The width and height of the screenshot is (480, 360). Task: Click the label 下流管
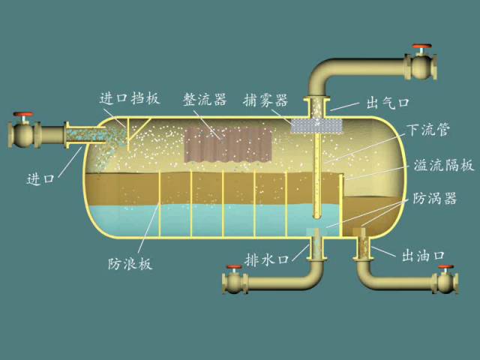click(x=428, y=130)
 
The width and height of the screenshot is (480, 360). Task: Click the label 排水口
click(x=267, y=259)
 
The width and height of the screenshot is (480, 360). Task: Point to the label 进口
click(x=40, y=178)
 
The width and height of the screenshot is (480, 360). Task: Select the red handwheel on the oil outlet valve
click(x=447, y=268)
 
